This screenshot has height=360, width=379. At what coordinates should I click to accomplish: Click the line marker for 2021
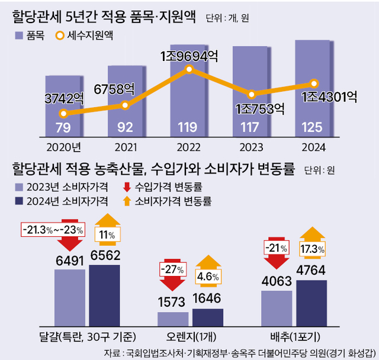[x=125, y=105]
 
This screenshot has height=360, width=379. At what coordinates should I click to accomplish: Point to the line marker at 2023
[x=252, y=94]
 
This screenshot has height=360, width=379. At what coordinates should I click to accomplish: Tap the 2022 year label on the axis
[x=188, y=146]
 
